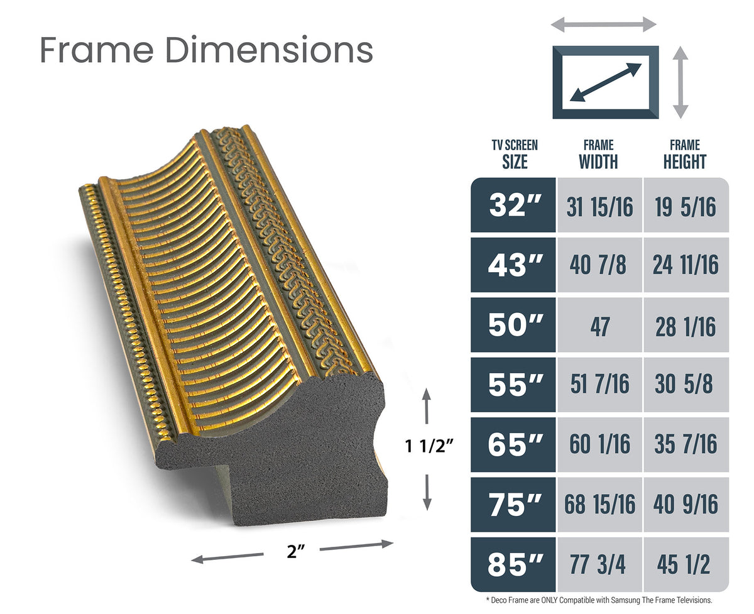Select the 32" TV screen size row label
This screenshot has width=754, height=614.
[x=513, y=206]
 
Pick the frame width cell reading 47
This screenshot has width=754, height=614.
[x=599, y=326]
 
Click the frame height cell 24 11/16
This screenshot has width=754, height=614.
[x=686, y=266]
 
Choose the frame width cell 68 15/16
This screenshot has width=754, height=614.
[x=599, y=505]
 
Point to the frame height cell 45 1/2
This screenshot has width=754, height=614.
[x=686, y=565]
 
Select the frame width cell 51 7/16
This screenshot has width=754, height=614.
[x=599, y=385]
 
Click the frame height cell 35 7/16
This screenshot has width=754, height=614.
[x=686, y=445]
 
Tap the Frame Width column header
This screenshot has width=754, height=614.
[x=598, y=155]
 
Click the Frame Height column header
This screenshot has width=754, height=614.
[x=684, y=155]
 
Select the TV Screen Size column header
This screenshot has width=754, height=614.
[x=515, y=155]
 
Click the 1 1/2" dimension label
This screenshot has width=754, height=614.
[x=429, y=447]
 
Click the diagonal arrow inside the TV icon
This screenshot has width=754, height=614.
[x=606, y=82]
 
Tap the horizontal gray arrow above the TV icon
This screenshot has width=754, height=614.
[x=604, y=25]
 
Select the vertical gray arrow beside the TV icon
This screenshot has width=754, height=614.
[x=680, y=82]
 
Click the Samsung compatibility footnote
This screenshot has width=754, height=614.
[x=599, y=601]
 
